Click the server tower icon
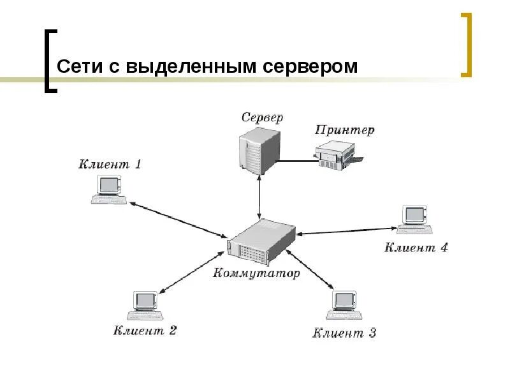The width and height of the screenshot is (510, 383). coord(259,151)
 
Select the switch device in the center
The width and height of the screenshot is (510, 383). coord(261,242)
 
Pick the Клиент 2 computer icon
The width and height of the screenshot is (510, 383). coord(146,305)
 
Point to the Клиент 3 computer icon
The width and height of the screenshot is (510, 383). coord(345,305)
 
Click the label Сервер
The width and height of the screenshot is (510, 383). coord(262,117)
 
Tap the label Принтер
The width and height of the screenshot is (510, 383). coord(345,130)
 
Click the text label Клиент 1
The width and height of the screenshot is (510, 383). coord(110,164)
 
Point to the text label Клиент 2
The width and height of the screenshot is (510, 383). coord(145,330)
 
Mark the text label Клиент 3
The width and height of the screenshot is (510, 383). coord(344,333)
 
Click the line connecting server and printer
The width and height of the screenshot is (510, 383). coord(298,160)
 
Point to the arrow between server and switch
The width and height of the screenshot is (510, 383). coord(259,198)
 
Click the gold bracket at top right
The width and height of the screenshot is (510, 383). coord(466,45)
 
